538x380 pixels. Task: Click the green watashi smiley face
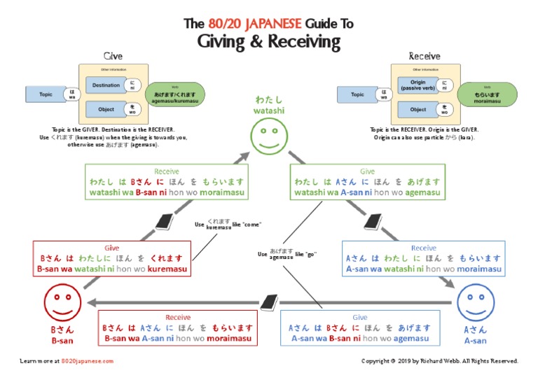click(x=268, y=134)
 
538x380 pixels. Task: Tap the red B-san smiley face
click(x=62, y=304)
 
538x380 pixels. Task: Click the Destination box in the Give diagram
click(x=106, y=85)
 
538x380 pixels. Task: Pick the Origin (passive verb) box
click(x=418, y=85)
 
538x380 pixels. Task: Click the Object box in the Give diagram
click(x=106, y=109)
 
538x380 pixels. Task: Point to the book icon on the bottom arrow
click(x=270, y=302)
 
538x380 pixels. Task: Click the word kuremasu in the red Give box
click(x=167, y=269)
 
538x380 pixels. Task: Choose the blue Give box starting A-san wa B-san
click(x=360, y=328)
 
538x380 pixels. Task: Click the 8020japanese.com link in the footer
click(x=87, y=361)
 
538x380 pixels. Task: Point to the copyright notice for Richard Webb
click(x=439, y=361)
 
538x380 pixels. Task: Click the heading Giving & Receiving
click(x=268, y=42)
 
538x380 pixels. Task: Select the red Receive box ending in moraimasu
click(x=177, y=328)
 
